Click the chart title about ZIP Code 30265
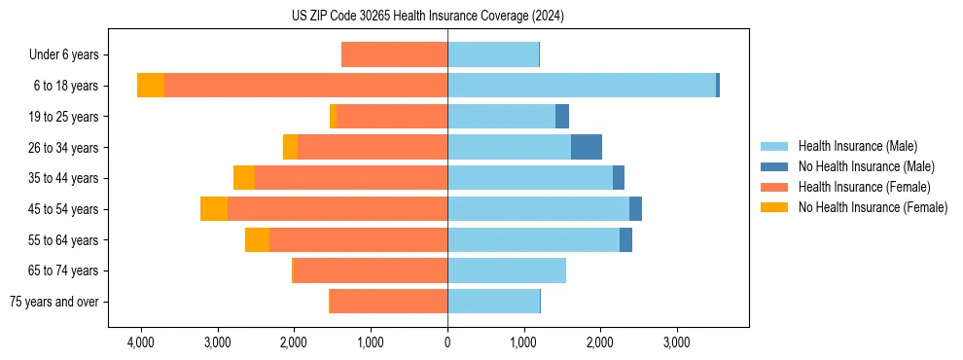pyautogui.click(x=427, y=17)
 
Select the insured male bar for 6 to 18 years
pyautogui.click(x=582, y=86)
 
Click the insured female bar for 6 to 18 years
pyautogui.click(x=305, y=86)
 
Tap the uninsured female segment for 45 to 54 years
pyautogui.click(x=214, y=209)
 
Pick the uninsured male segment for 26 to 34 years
pyautogui.click(x=587, y=147)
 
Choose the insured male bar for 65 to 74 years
pyautogui.click(x=507, y=270)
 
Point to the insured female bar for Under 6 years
pyautogui.click(x=395, y=54)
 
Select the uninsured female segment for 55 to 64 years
pyautogui.click(x=257, y=239)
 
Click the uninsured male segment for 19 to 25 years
pyautogui.click(x=562, y=117)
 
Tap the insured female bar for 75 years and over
pyautogui.click(x=389, y=302)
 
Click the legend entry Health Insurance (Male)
pyautogui.click(x=856, y=146)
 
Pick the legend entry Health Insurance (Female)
pyautogui.click(x=864, y=187)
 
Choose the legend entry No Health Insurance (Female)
pyautogui.click(x=873, y=207)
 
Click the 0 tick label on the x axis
pyautogui.click(x=447, y=342)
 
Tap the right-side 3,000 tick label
pyautogui.click(x=677, y=342)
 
